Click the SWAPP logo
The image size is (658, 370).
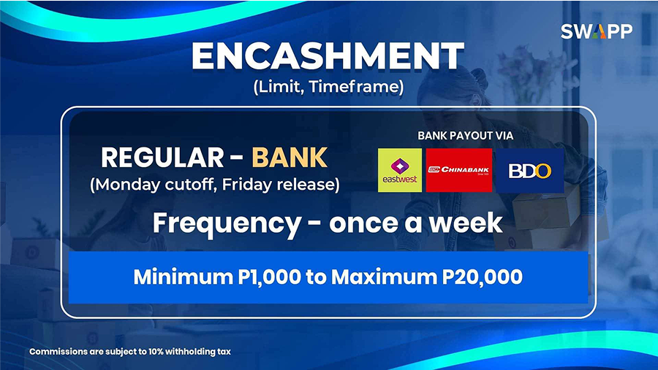[597, 31]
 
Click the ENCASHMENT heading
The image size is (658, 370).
[328, 56]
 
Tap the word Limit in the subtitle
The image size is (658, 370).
[279, 87]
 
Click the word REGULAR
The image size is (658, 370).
[162, 158]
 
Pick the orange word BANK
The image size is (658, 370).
[290, 158]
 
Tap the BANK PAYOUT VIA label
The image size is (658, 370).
[466, 136]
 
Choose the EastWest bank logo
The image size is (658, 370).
[400, 170]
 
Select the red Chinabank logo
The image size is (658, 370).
[459, 170]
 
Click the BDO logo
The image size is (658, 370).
[530, 170]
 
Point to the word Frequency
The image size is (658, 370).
[227, 224]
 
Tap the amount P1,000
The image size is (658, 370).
[269, 277]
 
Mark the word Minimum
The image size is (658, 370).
[184, 277]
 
